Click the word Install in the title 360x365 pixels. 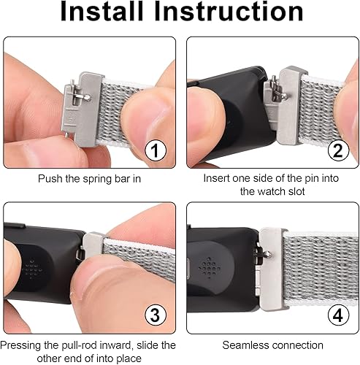110,12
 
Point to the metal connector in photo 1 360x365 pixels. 83,106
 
